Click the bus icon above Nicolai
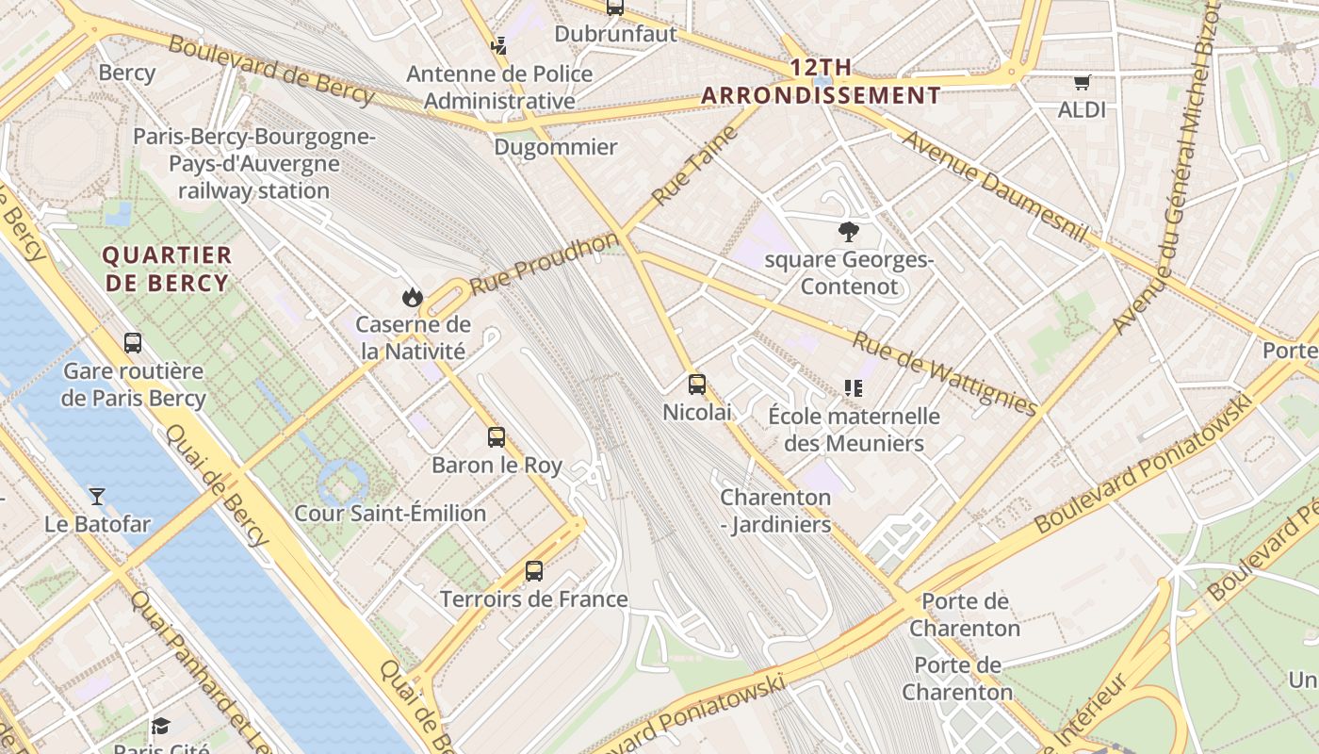(x=697, y=385)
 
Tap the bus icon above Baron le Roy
(x=497, y=437)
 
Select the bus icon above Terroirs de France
(x=534, y=571)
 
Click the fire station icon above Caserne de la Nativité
(x=412, y=298)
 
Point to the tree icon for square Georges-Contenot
(x=849, y=231)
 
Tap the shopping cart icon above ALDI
(x=1082, y=83)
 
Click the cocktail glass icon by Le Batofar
(x=97, y=496)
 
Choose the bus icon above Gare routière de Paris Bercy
(x=133, y=343)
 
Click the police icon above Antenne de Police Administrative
(x=499, y=45)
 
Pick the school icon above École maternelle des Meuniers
(x=854, y=387)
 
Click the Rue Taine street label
(x=693, y=166)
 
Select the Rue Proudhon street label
(x=545, y=262)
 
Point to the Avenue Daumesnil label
(x=996, y=186)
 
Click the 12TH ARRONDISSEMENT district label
(x=821, y=81)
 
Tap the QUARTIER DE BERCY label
(x=167, y=269)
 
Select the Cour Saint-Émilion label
(x=390, y=514)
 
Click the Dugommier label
(x=556, y=147)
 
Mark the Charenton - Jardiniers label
(x=775, y=511)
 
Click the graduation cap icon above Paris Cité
(x=160, y=726)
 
